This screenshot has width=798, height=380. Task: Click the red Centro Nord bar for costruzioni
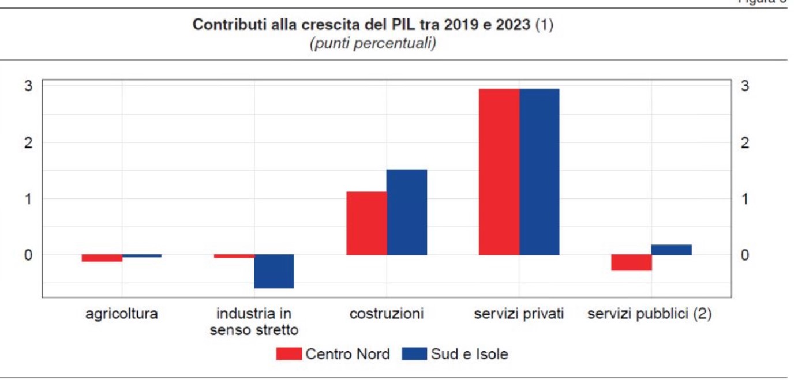point(366,223)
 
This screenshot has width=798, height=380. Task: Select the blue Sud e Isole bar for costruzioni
point(407,212)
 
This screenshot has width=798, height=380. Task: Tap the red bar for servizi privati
point(499,172)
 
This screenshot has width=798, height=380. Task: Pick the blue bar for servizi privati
point(540,172)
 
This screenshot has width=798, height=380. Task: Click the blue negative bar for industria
point(274,271)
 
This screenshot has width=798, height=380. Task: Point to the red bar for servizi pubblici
point(631,262)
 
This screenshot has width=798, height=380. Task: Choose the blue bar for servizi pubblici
point(672,250)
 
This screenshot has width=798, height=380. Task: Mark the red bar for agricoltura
point(102,258)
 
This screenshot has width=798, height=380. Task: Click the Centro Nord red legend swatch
point(289,353)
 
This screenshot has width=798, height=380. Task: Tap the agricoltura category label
point(121,314)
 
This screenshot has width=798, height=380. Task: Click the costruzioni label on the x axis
point(387,314)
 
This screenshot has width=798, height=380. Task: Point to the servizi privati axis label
point(519,314)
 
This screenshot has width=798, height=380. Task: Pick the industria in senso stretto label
point(254,322)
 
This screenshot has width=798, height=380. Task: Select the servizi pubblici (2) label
point(649,314)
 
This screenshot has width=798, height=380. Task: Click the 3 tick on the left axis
point(28,86)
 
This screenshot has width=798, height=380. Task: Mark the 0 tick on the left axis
point(28,255)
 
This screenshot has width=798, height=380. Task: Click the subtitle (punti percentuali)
point(372,44)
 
